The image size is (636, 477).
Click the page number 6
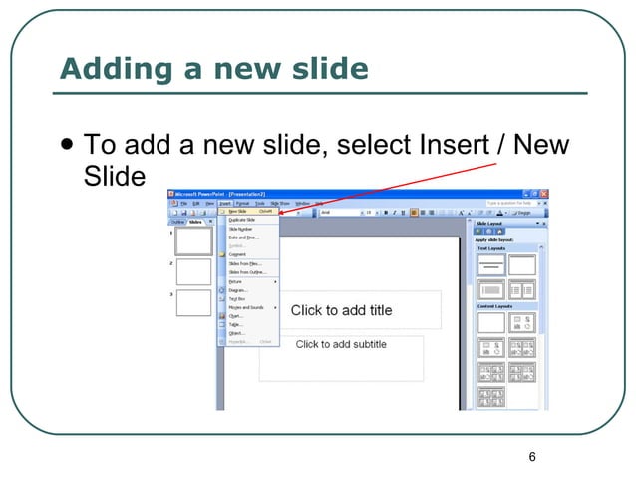(x=532, y=456)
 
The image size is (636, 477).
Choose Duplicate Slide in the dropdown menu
(x=242, y=220)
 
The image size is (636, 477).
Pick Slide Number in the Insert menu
(x=240, y=229)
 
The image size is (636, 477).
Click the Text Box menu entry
(x=237, y=299)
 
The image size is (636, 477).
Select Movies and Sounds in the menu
(x=246, y=307)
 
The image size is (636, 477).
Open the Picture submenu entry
(x=235, y=281)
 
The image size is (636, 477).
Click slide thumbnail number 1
(x=193, y=240)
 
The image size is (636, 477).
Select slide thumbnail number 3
(x=193, y=303)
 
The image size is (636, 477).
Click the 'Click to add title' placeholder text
(x=341, y=310)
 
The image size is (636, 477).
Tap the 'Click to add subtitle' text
(x=341, y=344)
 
